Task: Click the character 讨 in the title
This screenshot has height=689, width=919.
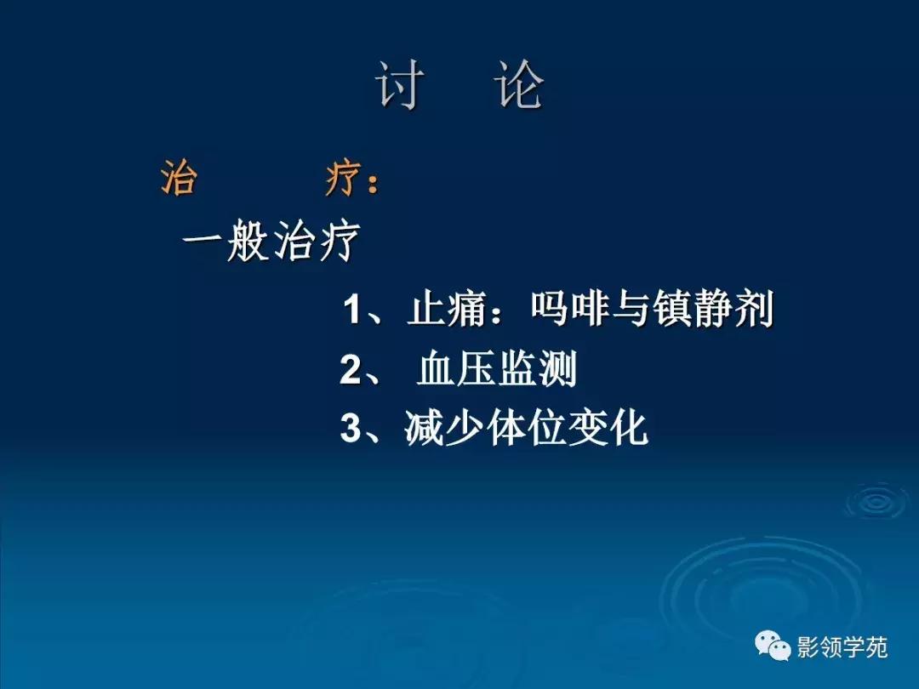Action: [x=400, y=85]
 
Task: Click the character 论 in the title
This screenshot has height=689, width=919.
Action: [x=520, y=85]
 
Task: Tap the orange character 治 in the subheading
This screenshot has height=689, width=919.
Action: [x=179, y=180]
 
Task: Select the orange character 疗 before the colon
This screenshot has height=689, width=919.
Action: [x=344, y=180]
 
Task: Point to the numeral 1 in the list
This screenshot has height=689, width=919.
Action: [x=351, y=310]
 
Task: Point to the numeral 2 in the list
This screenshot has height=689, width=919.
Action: [x=351, y=371]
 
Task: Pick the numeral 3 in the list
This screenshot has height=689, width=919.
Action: [x=351, y=430]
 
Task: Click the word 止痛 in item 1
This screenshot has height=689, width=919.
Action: [x=447, y=310]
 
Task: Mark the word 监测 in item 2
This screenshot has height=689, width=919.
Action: [x=538, y=371]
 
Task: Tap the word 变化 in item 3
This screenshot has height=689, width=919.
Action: [x=608, y=430]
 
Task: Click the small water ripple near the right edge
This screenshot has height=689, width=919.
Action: [x=876, y=502]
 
